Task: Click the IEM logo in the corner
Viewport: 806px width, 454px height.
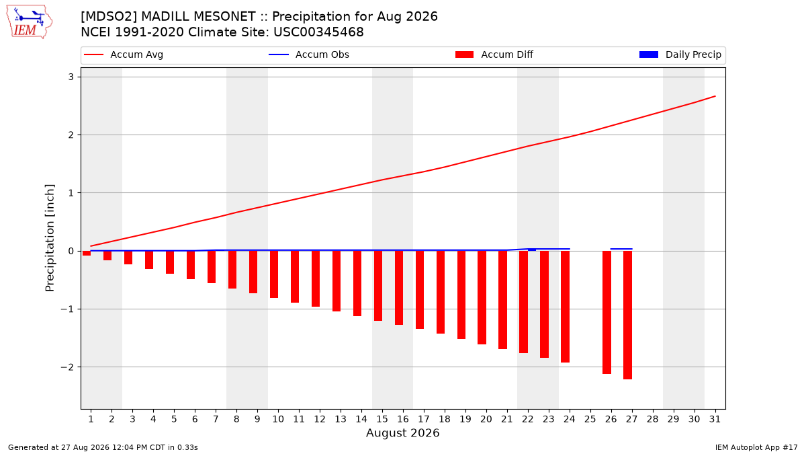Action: (29, 22)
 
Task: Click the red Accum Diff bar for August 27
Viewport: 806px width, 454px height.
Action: (627, 315)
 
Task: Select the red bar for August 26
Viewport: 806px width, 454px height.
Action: (607, 312)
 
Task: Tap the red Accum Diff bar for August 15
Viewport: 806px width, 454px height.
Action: (377, 286)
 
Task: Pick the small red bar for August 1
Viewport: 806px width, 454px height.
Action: (87, 254)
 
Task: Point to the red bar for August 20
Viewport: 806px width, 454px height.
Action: (482, 297)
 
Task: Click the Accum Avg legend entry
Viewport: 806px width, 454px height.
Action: (124, 54)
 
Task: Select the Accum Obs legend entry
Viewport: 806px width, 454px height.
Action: (309, 54)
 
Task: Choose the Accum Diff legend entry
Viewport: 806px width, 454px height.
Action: (494, 54)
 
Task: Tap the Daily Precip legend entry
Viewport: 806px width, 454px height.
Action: (680, 54)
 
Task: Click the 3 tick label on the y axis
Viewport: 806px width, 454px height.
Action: (71, 77)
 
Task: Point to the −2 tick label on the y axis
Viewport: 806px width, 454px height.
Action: (67, 367)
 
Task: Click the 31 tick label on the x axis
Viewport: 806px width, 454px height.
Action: (715, 420)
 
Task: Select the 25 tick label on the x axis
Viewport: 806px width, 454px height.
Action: (590, 420)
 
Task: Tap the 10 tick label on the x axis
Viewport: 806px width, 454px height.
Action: (278, 420)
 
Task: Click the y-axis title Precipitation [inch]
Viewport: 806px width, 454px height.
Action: (50, 238)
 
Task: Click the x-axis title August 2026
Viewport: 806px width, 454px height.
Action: (402, 432)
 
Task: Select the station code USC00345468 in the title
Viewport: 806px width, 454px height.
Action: (318, 32)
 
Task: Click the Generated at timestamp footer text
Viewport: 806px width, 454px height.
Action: (103, 447)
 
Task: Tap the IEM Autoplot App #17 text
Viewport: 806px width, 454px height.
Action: (756, 447)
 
